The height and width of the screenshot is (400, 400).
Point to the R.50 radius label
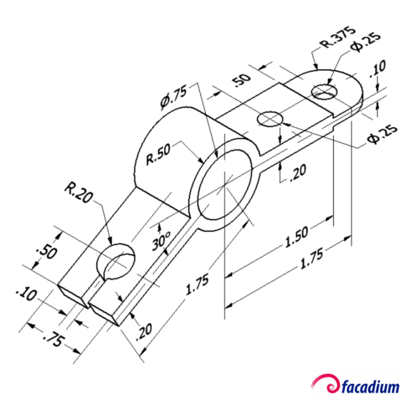tap(159, 156)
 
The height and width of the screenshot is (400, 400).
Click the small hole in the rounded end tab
tap(324, 91)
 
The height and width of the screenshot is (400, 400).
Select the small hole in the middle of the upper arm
tap(271, 118)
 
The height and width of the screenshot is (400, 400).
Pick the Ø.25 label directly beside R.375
tap(363, 47)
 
